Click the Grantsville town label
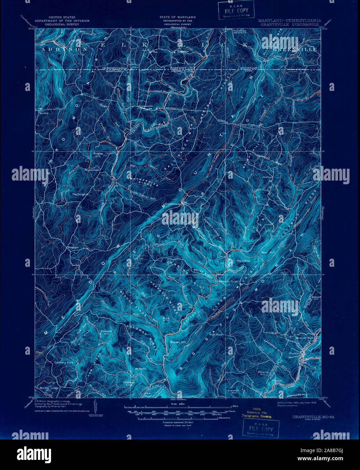click(145, 106)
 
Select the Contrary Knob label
click(64, 362)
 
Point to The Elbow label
click(243, 261)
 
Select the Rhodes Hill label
click(178, 342)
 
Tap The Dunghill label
click(80, 194)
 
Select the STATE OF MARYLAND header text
click(177, 17)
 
